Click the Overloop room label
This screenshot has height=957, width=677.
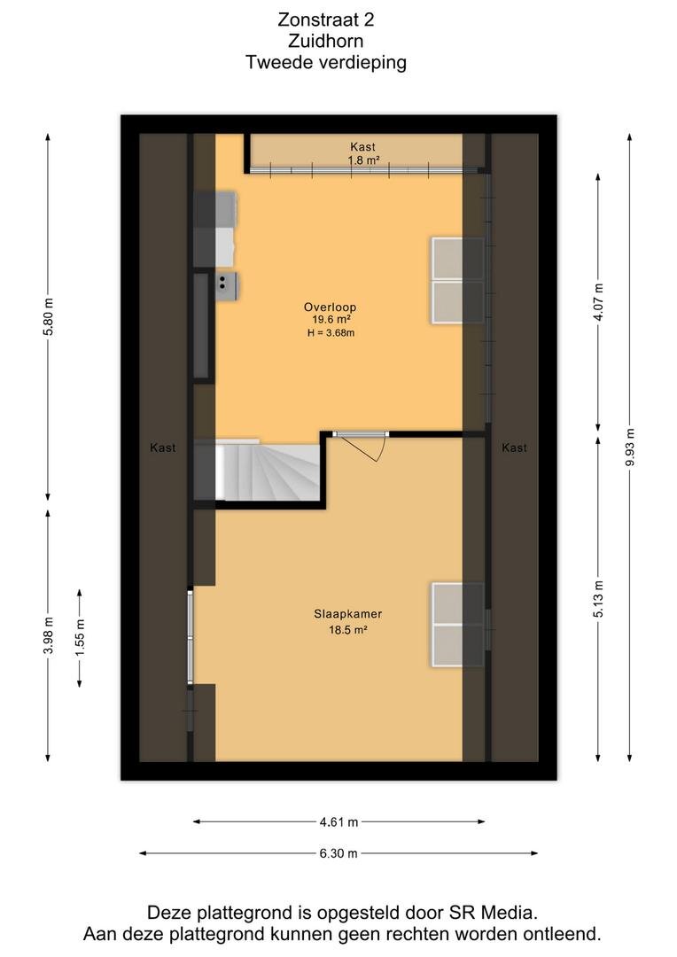tap(330, 307)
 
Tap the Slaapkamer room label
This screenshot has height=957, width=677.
tap(348, 614)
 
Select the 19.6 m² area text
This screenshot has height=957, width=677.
tap(331, 319)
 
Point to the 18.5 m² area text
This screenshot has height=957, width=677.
tap(348, 630)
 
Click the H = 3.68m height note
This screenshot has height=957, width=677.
tap(331, 332)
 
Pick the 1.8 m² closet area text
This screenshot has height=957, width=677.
tap(364, 160)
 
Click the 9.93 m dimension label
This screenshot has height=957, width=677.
tap(630, 447)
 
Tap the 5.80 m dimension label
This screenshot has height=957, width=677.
tap(49, 316)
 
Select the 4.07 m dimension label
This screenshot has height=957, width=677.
tap(598, 302)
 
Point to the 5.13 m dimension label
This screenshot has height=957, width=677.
tap(598, 598)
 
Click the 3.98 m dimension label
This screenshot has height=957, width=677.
tap(49, 634)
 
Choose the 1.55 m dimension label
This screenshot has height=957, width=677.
tap(80, 638)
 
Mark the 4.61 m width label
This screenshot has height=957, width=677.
tap(338, 822)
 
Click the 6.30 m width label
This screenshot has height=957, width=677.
tap(338, 853)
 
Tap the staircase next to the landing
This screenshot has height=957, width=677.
tap(268, 471)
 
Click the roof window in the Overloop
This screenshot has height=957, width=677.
tap(458, 280)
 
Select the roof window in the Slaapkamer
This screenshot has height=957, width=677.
tap(458, 625)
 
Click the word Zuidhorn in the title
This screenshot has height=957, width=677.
tap(326, 41)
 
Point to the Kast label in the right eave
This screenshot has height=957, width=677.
tap(514, 447)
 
